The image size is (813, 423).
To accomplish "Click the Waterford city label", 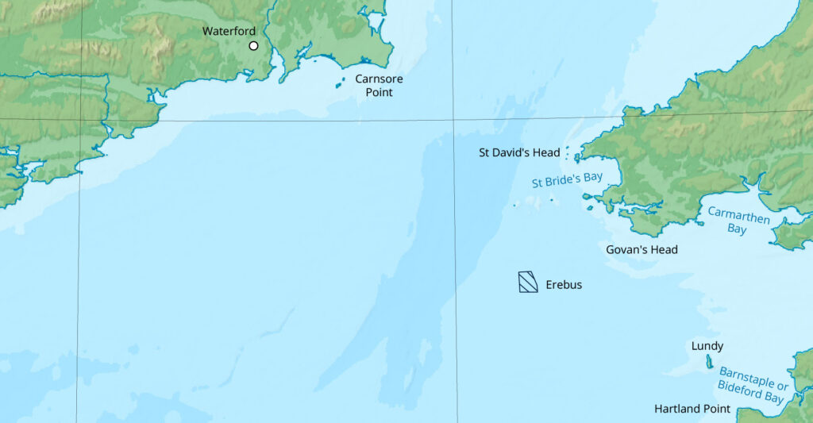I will point(229,31).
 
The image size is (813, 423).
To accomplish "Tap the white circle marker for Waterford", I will point(254,46).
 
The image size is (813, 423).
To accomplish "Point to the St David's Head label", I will point(519,152).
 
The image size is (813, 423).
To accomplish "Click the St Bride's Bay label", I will point(567,180).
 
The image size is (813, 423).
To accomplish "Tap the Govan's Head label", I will point(642,250).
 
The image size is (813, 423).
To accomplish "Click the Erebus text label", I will point(564,284).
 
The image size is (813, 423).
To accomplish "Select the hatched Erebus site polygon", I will point(528,281).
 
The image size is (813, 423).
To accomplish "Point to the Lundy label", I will point(707,346).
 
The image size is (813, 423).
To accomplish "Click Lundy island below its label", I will point(709,362).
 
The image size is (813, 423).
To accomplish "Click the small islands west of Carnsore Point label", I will point(340,82).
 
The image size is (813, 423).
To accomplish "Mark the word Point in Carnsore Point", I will point(379,93).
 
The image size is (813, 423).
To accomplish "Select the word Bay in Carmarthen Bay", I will point(738,229).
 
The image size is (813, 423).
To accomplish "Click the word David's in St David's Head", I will point(514,152).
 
